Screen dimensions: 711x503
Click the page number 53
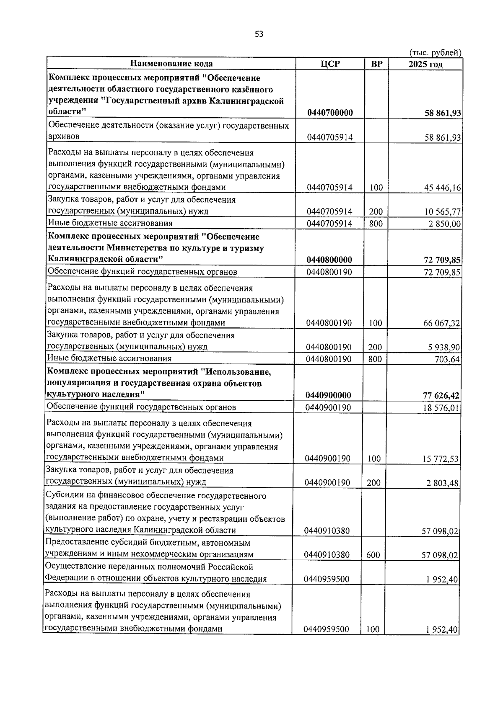coord(259,34)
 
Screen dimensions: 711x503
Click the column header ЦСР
coord(330,64)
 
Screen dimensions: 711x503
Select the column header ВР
coord(376,64)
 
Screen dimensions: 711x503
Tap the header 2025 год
coord(425,64)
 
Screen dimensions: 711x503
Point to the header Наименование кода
coord(171,64)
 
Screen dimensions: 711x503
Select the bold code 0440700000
coord(330,113)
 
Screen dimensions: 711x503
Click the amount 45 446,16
coord(443,188)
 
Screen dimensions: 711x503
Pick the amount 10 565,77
coord(443,212)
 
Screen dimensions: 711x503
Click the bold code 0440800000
coord(329,260)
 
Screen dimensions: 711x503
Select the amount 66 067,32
coord(442,323)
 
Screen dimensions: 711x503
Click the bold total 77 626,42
coord(441,395)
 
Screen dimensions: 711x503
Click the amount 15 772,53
coord(441,459)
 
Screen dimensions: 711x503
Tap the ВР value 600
coord(373,555)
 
